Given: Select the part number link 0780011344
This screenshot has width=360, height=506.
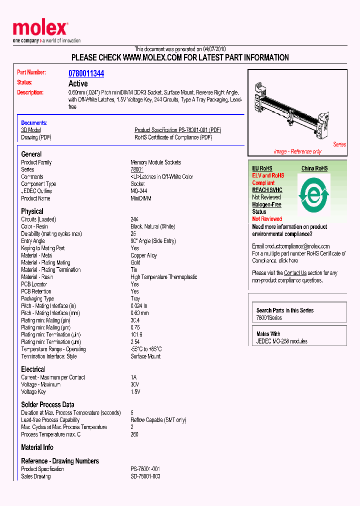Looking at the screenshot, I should click(86, 73).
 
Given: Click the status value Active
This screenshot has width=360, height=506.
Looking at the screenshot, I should click(78, 83).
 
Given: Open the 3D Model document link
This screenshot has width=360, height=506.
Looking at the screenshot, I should click(30, 130).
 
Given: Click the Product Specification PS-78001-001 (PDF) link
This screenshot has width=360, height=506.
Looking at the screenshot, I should click(177, 130).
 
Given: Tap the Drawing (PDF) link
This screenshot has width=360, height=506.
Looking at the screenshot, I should click(36, 137).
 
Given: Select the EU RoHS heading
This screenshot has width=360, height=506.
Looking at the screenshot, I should click(262, 168).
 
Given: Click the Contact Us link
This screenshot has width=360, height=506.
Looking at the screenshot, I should click(295, 273).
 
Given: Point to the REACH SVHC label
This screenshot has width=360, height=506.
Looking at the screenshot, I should click(267, 190).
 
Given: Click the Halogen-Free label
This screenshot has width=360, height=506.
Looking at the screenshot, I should click(266, 204).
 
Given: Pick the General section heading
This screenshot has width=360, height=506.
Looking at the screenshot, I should click(31, 154).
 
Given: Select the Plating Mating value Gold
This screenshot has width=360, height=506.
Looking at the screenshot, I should click(136, 262).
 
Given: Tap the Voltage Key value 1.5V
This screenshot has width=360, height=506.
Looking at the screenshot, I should click(135, 392).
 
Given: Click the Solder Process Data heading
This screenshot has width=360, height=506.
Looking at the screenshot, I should click(47, 404).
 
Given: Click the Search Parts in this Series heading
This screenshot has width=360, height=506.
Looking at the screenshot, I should click(285, 310).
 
